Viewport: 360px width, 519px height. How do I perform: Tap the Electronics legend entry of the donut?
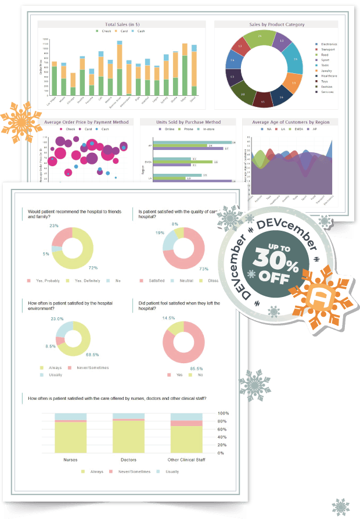coord(329,44)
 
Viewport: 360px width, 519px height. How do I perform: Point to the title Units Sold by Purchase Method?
coord(189,122)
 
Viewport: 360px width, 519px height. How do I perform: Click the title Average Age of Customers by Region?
coord(289,122)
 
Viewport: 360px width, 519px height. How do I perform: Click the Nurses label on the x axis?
coord(71,459)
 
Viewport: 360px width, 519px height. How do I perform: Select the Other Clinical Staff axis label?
coord(186,459)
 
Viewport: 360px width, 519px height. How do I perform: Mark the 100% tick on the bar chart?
coord(223,414)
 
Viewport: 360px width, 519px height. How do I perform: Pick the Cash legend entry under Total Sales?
coord(140,30)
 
